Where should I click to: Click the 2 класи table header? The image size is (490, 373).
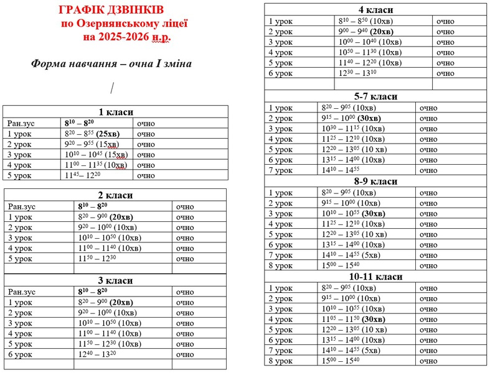click(x=116, y=195)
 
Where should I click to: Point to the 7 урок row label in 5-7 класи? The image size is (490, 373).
click(x=280, y=170)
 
